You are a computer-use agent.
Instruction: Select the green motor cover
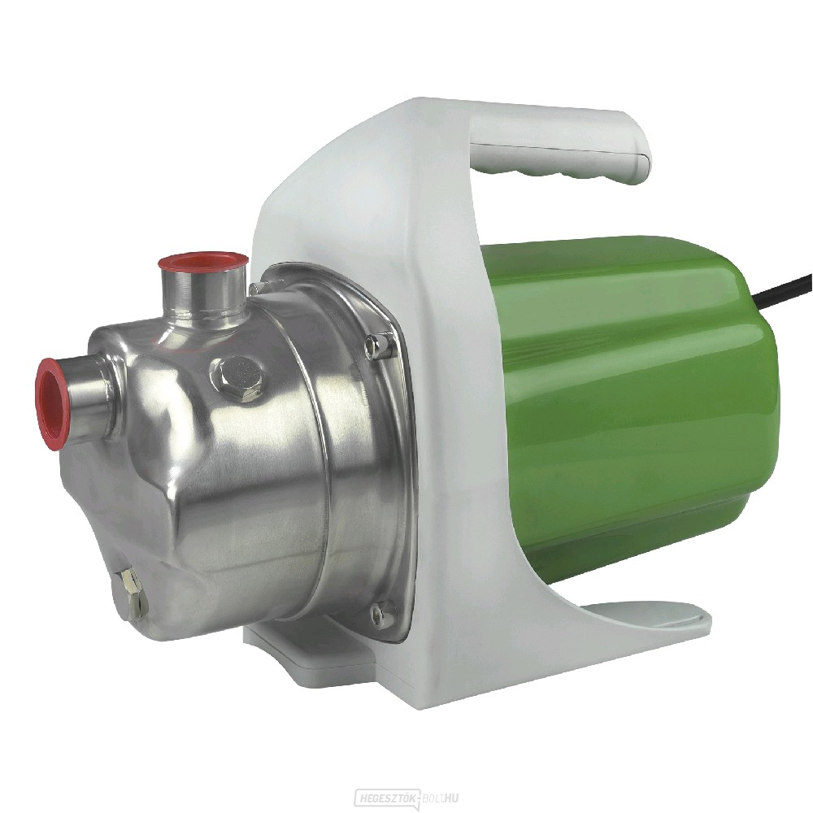634,406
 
